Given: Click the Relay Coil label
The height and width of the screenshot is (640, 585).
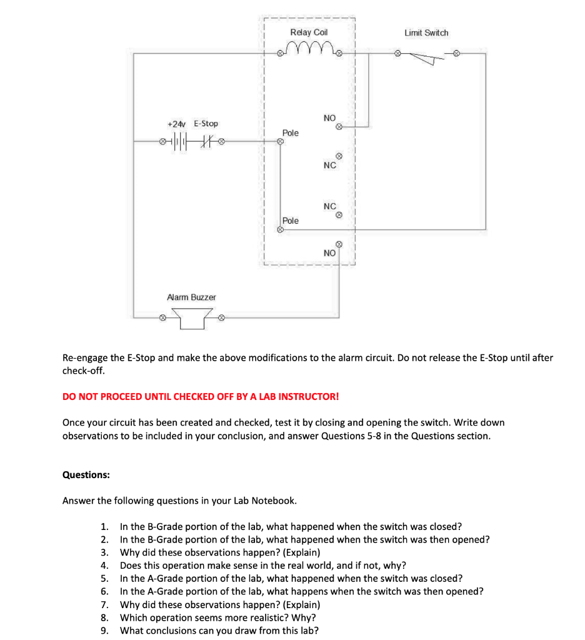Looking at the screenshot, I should pos(309,32).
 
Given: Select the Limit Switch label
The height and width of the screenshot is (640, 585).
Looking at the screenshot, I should pos(426,32).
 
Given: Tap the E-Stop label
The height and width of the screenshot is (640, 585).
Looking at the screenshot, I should pos(206,124).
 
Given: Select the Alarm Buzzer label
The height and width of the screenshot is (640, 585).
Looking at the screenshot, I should pos(191,297).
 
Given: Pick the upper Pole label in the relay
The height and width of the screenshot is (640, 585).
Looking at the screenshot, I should pos(291,133).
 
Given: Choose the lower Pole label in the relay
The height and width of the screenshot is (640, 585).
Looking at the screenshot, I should pos(291,221).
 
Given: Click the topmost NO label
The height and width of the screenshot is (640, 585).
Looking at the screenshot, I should pos(329,118).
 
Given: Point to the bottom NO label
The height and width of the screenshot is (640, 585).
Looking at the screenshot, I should pos(329,253).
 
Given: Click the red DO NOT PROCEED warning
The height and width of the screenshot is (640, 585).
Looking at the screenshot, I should pos(201,396).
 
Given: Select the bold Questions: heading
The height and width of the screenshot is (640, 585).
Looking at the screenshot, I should pos(86,475).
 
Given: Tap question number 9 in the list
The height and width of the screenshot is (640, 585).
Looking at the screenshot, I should pos(105,630).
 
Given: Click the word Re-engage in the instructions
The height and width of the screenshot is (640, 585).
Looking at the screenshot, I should pos(85,358).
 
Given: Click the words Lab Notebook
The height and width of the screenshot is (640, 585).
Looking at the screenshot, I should pos(265,501).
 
